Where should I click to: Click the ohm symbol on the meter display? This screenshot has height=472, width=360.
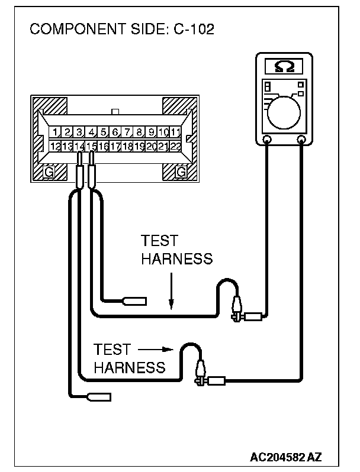click(x=284, y=66)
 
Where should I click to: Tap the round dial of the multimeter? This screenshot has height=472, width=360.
click(x=284, y=112)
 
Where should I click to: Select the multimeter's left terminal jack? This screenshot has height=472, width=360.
click(x=266, y=140)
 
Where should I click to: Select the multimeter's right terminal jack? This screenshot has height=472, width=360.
click(x=301, y=140)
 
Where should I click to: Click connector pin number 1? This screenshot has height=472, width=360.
click(x=55, y=132)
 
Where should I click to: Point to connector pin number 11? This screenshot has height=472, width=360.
click(x=175, y=132)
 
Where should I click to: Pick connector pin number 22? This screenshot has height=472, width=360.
click(x=175, y=146)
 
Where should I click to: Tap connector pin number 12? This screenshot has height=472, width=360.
click(x=55, y=146)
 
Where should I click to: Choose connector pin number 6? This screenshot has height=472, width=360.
click(x=115, y=132)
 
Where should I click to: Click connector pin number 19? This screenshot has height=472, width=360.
click(x=139, y=146)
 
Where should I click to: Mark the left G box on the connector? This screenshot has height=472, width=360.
click(x=49, y=172)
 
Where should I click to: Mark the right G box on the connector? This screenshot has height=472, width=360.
click(x=181, y=172)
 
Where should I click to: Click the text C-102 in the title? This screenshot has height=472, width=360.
click(x=194, y=29)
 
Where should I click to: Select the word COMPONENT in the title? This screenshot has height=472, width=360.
click(x=78, y=29)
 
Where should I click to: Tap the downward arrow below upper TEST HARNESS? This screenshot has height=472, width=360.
click(x=171, y=291)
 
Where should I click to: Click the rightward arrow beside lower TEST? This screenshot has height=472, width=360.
click(x=156, y=350)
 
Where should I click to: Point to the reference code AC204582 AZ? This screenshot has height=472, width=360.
click(x=285, y=457)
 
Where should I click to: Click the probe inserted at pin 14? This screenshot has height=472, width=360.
click(x=79, y=170)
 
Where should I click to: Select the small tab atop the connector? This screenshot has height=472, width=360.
click(x=115, y=112)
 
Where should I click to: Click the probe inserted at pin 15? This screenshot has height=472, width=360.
click(x=91, y=170)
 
